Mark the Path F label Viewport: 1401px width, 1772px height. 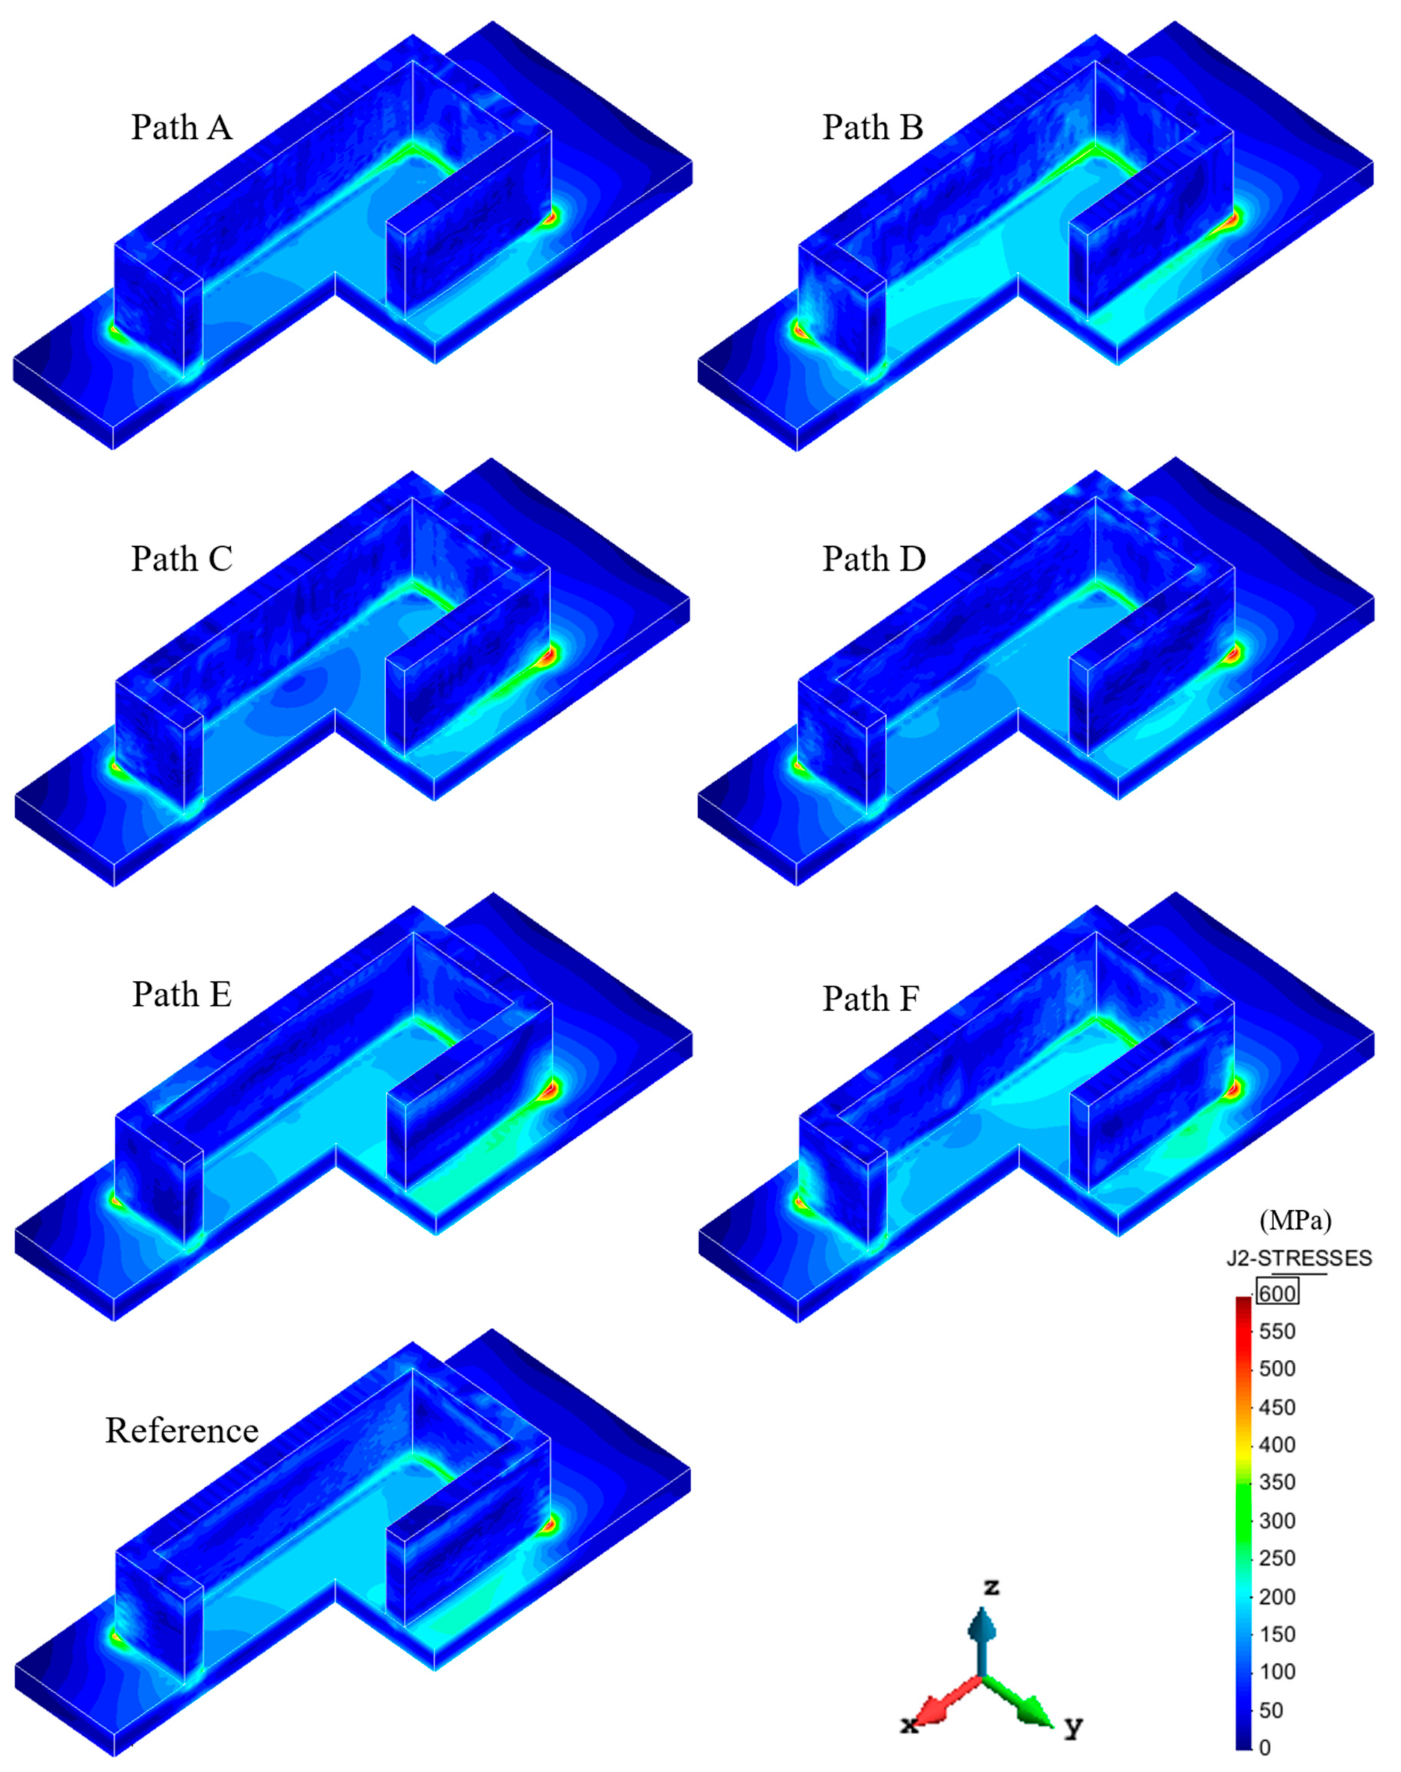(871, 999)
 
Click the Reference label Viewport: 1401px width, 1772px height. (182, 1430)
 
